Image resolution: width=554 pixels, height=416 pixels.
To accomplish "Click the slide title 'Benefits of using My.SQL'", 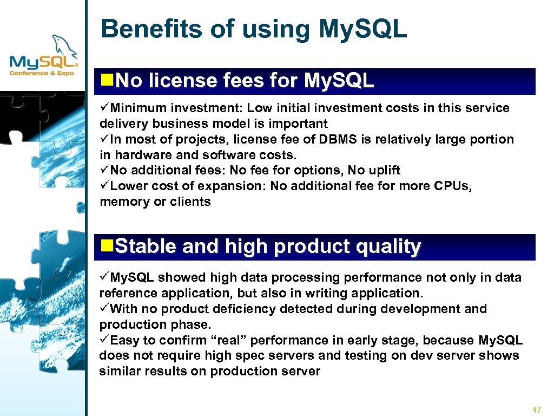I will pos(253,29).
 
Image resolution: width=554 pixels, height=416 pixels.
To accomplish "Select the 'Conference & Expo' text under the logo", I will pos(43,73).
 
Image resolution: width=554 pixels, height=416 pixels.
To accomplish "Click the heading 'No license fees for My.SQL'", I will pos(245,81).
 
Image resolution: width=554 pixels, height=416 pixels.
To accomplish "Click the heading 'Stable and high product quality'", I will pos(268,247).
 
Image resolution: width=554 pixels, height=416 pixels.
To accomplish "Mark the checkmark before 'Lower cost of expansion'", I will pos(104,186).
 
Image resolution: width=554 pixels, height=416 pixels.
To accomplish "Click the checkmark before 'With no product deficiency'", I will pos(104,309).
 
